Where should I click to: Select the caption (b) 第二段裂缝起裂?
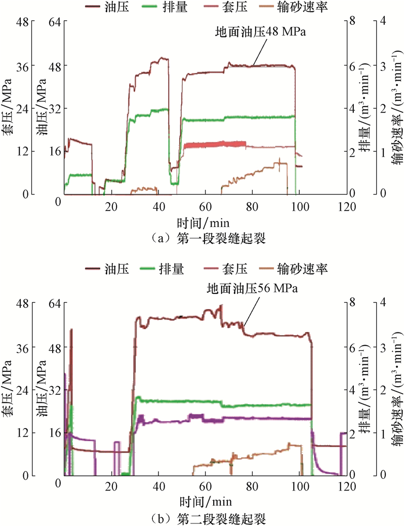pyautogui.click(x=202, y=519)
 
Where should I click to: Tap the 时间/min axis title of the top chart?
pyautogui.click(x=205, y=222)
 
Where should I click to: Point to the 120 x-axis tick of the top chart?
pyautogui.click(x=346, y=207)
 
